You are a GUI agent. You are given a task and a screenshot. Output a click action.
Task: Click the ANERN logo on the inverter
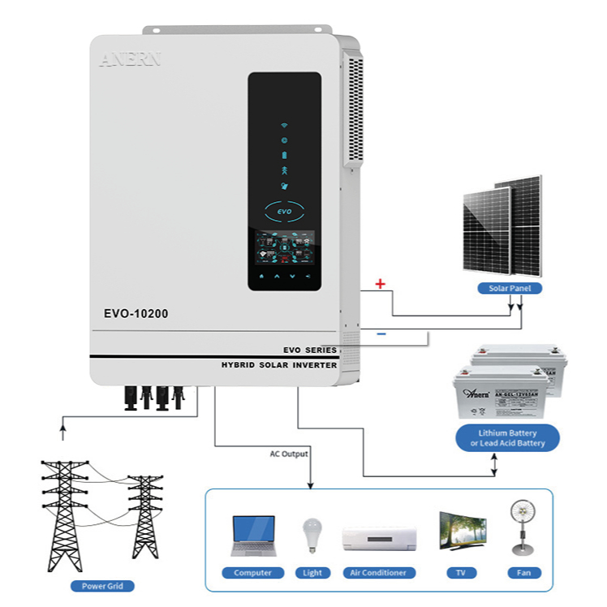[x=130, y=59]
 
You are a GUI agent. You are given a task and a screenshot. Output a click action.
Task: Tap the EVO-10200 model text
[x=136, y=313]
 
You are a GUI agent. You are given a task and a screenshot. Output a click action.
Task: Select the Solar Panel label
[x=510, y=288]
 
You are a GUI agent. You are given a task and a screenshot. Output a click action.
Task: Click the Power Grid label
[x=102, y=586]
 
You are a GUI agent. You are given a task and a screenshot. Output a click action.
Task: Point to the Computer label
[x=252, y=573]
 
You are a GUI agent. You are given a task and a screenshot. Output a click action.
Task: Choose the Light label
[x=312, y=573]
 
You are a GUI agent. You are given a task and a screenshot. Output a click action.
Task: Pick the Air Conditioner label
[x=379, y=573]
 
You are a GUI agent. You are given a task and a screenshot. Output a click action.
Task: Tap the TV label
[x=460, y=573]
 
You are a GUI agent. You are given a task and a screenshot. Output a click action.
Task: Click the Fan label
[x=524, y=573]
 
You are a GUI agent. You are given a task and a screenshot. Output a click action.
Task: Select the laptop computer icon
[x=252, y=536]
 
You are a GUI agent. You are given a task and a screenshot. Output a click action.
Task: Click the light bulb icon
[x=312, y=536]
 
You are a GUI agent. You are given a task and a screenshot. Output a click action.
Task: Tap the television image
[x=462, y=532]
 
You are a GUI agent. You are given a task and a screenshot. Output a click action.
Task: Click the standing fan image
[x=523, y=527]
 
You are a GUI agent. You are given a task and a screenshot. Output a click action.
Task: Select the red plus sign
[x=379, y=284]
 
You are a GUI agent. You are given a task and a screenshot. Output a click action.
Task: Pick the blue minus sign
[x=381, y=334]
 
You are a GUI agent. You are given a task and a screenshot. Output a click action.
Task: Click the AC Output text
[x=289, y=454]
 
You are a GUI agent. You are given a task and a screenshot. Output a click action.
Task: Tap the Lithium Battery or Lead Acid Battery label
[x=507, y=439]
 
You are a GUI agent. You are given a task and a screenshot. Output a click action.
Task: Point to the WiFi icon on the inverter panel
[x=284, y=127]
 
